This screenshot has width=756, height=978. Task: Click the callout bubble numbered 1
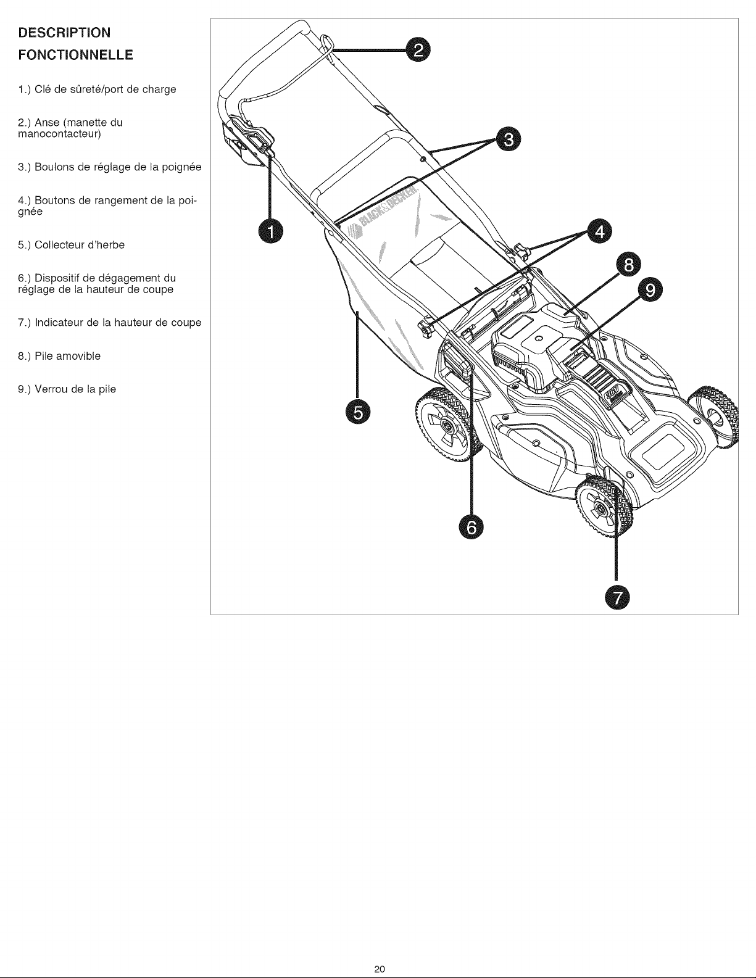pos(270,232)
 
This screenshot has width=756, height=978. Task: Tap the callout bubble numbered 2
pos(418,51)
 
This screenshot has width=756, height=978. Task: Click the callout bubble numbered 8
pos(629,265)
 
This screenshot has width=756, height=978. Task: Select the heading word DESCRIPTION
pos(56,31)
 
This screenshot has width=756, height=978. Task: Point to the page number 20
pos(380,968)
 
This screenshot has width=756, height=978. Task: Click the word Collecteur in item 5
pos(57,245)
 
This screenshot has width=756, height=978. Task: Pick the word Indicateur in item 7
pos(60,323)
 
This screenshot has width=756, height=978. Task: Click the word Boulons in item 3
pos(52,167)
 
